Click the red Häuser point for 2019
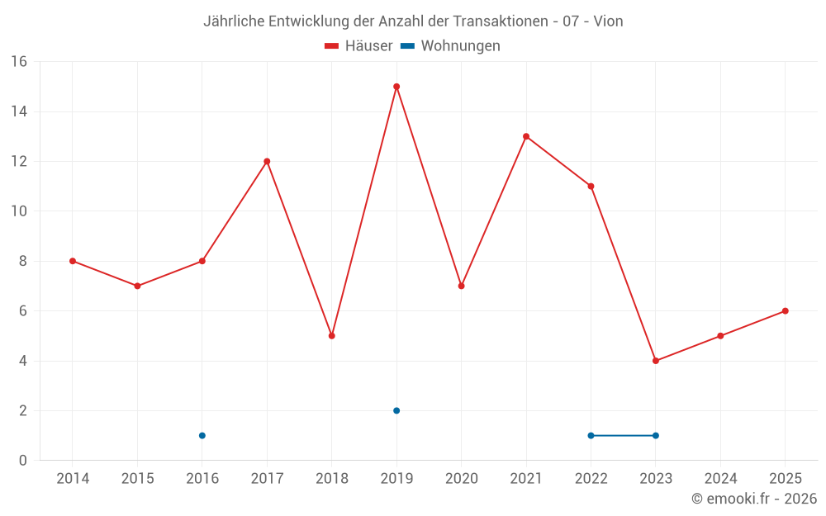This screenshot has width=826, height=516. click(396, 87)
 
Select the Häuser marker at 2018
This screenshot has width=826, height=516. click(331, 336)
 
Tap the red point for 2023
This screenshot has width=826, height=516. click(656, 361)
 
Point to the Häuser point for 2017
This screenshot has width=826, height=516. click(267, 161)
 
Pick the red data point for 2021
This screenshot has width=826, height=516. click(526, 136)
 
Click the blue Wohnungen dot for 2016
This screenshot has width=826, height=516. click(202, 436)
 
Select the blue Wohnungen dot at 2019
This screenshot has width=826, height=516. click(396, 410)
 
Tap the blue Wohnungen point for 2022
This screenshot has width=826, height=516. click(591, 436)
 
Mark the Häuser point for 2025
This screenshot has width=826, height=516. click(785, 311)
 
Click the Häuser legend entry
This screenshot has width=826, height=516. click(358, 46)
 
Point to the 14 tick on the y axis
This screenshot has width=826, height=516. click(18, 111)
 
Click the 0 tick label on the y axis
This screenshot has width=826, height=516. click(22, 461)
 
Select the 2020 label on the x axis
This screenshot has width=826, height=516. click(461, 479)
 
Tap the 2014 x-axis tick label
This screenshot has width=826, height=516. click(73, 479)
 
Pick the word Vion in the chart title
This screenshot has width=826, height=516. click(607, 21)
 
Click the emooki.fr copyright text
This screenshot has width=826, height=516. click(753, 499)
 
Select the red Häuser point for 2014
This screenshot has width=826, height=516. click(73, 261)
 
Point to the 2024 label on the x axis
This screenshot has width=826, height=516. click(720, 479)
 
